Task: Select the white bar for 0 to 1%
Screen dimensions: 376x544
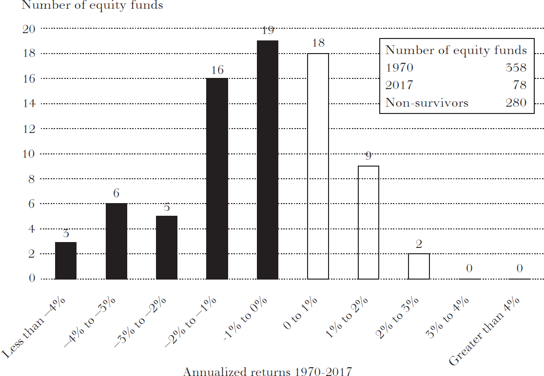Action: coord(318,166)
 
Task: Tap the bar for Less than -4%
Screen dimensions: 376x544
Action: coord(66,260)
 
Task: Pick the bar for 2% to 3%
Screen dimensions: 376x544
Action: coord(419,266)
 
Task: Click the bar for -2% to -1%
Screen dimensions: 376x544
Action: coord(217,178)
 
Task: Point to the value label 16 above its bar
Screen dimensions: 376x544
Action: coord(217,70)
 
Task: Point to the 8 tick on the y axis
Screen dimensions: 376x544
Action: coord(32,179)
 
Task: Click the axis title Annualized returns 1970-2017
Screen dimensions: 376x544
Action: coord(267,372)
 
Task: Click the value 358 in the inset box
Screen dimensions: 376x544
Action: coord(516,68)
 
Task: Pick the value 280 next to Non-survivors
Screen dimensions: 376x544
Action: coord(516,103)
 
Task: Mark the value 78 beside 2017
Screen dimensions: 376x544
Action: coord(520,85)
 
